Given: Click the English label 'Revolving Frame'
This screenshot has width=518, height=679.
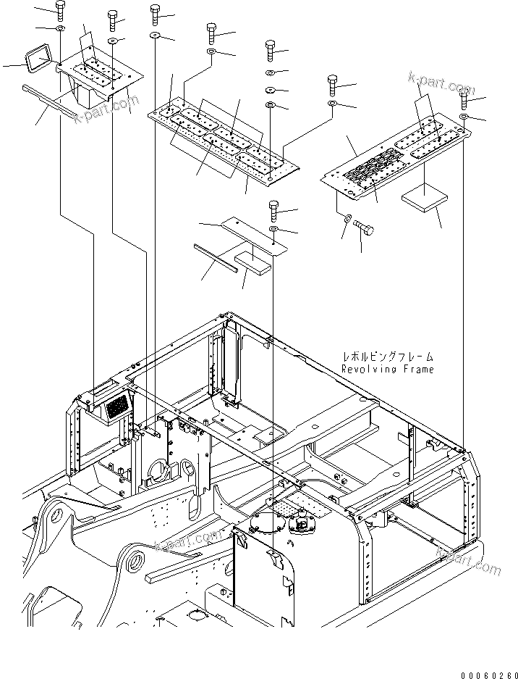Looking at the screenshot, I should coord(388,370).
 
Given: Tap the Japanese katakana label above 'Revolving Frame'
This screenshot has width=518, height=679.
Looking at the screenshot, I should coord(388,357).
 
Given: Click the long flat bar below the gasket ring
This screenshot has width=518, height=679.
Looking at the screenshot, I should coord(48,100).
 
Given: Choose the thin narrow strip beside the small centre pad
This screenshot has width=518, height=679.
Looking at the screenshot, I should coord(215,257).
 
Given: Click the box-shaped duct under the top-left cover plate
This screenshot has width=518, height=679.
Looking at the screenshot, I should coord(91,95).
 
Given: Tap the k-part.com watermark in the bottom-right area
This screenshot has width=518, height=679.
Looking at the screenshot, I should coord(468,561).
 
